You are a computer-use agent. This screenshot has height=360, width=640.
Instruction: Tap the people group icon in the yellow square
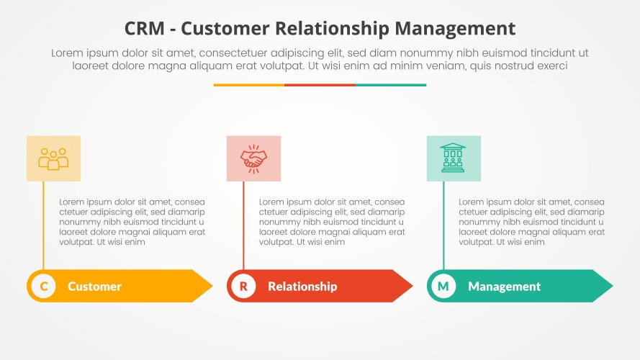point(53,158)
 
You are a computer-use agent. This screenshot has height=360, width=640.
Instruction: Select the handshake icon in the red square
point(253,158)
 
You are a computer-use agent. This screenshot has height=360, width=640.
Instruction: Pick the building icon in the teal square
point(454,158)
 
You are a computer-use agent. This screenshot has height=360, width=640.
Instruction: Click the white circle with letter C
point(44,287)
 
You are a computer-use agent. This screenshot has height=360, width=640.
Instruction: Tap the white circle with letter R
point(243,287)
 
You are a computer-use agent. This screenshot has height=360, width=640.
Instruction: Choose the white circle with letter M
point(443,287)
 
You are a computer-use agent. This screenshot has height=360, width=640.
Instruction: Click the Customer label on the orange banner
point(94,287)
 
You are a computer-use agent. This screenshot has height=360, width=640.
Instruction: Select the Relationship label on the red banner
point(302,287)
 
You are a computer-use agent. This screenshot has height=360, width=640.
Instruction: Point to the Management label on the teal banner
point(504,287)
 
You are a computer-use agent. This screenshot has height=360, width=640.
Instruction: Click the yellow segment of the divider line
point(248,85)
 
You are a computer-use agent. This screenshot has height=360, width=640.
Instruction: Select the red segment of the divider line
point(320,85)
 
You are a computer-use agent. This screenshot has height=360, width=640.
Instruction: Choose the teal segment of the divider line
point(391,85)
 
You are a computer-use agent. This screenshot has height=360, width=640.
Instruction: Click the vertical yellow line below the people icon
point(43,223)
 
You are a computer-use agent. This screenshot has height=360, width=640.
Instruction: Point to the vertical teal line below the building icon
point(443,223)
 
